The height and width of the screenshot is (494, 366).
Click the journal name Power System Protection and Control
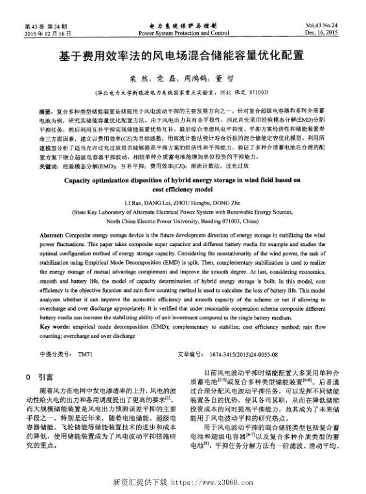tap(184, 32)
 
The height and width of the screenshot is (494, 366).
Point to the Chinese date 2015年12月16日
tap(47, 32)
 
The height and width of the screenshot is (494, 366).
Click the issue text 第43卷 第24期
tap(47, 25)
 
